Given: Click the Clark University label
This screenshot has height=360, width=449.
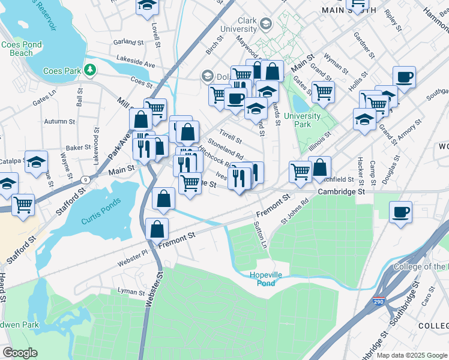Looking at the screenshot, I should click(238, 25).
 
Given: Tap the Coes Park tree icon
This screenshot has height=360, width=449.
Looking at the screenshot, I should click(90, 70).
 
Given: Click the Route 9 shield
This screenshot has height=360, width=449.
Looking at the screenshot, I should click(86, 179).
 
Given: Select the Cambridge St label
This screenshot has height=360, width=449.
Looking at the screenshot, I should click(341, 192).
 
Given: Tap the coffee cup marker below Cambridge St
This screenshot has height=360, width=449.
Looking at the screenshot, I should click(400, 213).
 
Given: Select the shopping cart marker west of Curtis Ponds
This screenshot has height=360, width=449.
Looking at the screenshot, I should click(23, 205).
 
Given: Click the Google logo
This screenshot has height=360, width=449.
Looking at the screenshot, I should click(20, 353).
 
